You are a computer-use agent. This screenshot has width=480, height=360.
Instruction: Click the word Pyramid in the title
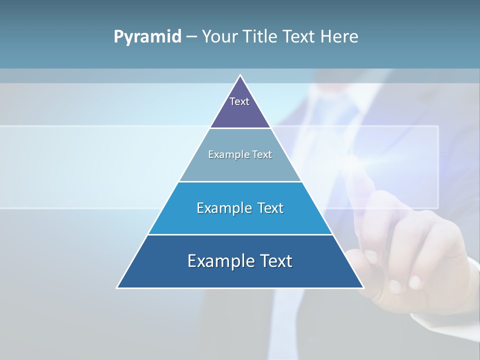click(147, 37)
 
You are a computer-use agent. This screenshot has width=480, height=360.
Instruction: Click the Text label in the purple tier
click(239, 101)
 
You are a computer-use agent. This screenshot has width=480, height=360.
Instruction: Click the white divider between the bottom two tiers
click(240, 234)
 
